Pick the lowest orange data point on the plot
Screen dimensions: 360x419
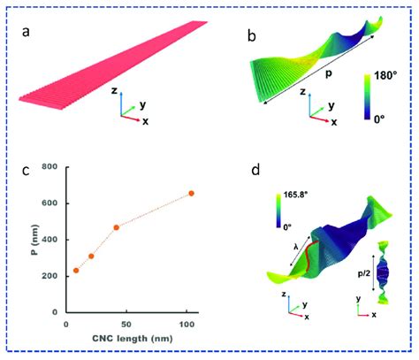pyautogui.click(x=76, y=271)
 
